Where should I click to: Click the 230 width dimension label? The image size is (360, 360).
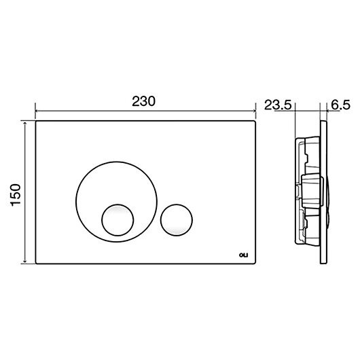[143, 101]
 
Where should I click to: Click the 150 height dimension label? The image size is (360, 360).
[16, 195]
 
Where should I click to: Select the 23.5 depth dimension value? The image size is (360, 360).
[278, 105]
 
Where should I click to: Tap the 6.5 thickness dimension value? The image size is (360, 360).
[341, 105]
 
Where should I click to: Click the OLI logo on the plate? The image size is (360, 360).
[244, 255]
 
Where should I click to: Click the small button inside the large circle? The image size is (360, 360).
[118, 219]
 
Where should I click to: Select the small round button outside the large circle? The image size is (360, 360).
[177, 219]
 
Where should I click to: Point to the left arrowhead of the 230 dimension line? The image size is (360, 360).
[37, 111]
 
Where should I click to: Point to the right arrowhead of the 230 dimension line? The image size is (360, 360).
[254, 111]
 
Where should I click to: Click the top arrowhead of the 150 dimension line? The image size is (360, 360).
[25, 123]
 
